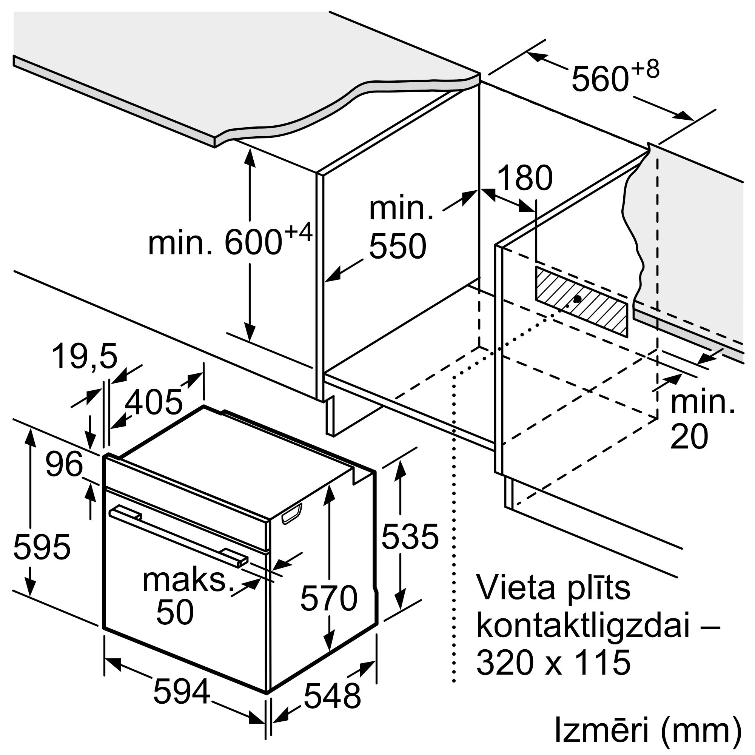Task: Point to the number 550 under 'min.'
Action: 398,246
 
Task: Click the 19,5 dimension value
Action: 85,357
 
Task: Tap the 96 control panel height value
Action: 65,464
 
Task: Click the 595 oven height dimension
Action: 42,546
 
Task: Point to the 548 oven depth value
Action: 332,696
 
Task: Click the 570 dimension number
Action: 329,598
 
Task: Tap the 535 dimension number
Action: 410,537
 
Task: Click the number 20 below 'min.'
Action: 689,436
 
